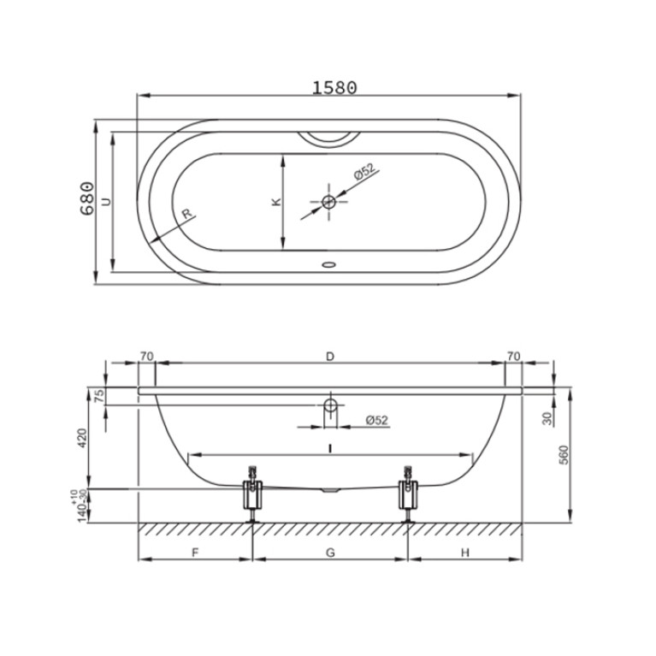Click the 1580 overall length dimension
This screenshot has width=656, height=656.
click(334, 87)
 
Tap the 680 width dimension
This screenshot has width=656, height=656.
click(86, 198)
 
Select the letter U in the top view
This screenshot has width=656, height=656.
click(107, 202)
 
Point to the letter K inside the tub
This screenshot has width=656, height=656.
click(276, 202)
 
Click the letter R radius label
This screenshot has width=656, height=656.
click(186, 213)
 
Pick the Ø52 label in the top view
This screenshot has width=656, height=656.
click(364, 172)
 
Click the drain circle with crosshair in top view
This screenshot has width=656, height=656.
click(328, 202)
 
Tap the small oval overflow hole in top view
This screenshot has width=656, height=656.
click(328, 264)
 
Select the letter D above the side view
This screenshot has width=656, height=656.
click(330, 357)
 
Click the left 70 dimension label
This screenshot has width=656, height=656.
click(146, 357)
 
